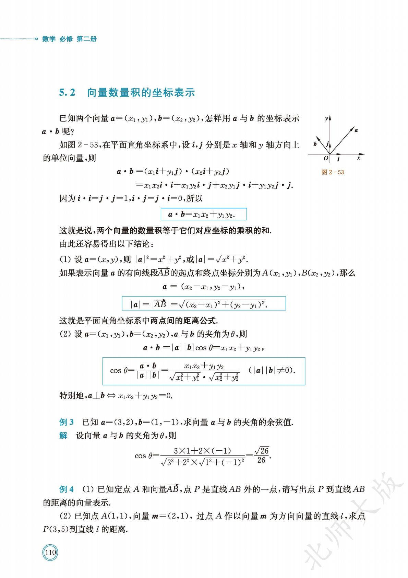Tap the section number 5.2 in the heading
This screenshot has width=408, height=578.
click(x=67, y=93)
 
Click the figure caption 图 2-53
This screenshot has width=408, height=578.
click(x=332, y=172)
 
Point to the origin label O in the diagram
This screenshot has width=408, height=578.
click(x=326, y=158)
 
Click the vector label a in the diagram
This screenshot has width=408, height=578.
click(x=356, y=130)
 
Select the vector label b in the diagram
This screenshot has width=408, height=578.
click(x=315, y=144)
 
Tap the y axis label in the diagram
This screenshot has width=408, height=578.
click(x=326, y=119)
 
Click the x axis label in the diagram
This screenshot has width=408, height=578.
click(x=359, y=158)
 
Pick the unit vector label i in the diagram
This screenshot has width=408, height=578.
click(x=338, y=159)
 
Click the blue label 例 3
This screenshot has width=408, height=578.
click(x=67, y=422)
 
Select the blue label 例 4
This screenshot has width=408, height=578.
click(x=67, y=489)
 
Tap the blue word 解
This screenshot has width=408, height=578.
click(x=63, y=436)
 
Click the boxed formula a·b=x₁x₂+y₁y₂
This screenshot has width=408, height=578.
click(x=204, y=215)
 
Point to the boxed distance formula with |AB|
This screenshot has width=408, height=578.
click(x=204, y=304)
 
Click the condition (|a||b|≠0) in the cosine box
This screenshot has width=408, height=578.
click(x=272, y=370)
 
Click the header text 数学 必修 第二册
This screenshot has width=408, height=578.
click(x=69, y=39)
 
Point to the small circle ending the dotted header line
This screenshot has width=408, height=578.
click(x=36, y=39)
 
